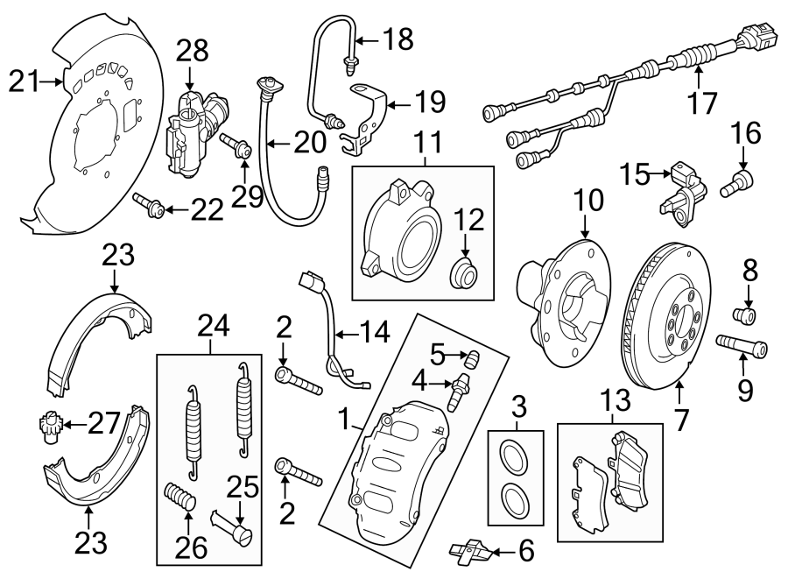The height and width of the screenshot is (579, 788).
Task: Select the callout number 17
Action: click(x=701, y=103)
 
